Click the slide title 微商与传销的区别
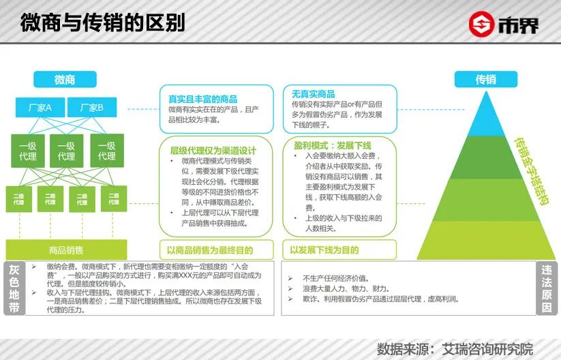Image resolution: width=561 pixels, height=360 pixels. click(x=102, y=23)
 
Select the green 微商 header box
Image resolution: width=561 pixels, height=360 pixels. click(x=65, y=79)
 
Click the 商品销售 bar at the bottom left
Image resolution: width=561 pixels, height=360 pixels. click(x=66, y=250)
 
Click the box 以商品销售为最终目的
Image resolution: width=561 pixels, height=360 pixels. click(x=215, y=250)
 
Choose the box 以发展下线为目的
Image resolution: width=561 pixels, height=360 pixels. click(x=324, y=250)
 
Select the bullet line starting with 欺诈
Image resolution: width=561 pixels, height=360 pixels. click(x=372, y=299)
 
